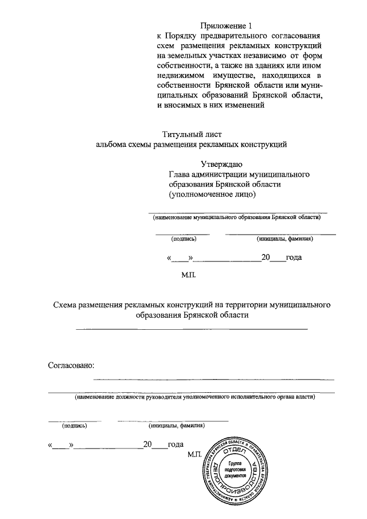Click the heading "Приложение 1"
227,25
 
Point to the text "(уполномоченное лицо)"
212,195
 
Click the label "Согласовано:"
71,365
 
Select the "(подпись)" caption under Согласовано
75,426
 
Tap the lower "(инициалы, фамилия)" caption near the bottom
176,426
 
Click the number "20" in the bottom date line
149,444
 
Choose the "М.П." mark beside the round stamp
196,454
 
